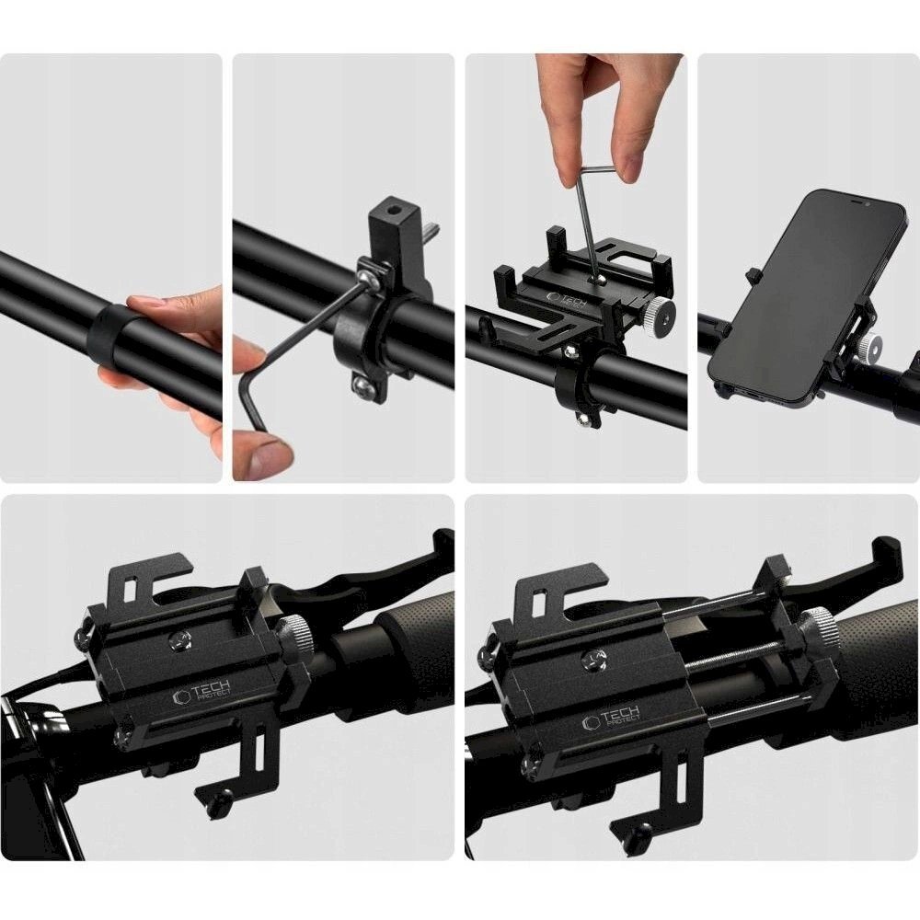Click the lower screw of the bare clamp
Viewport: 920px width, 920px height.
365,387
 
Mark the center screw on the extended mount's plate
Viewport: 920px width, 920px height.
593,656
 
